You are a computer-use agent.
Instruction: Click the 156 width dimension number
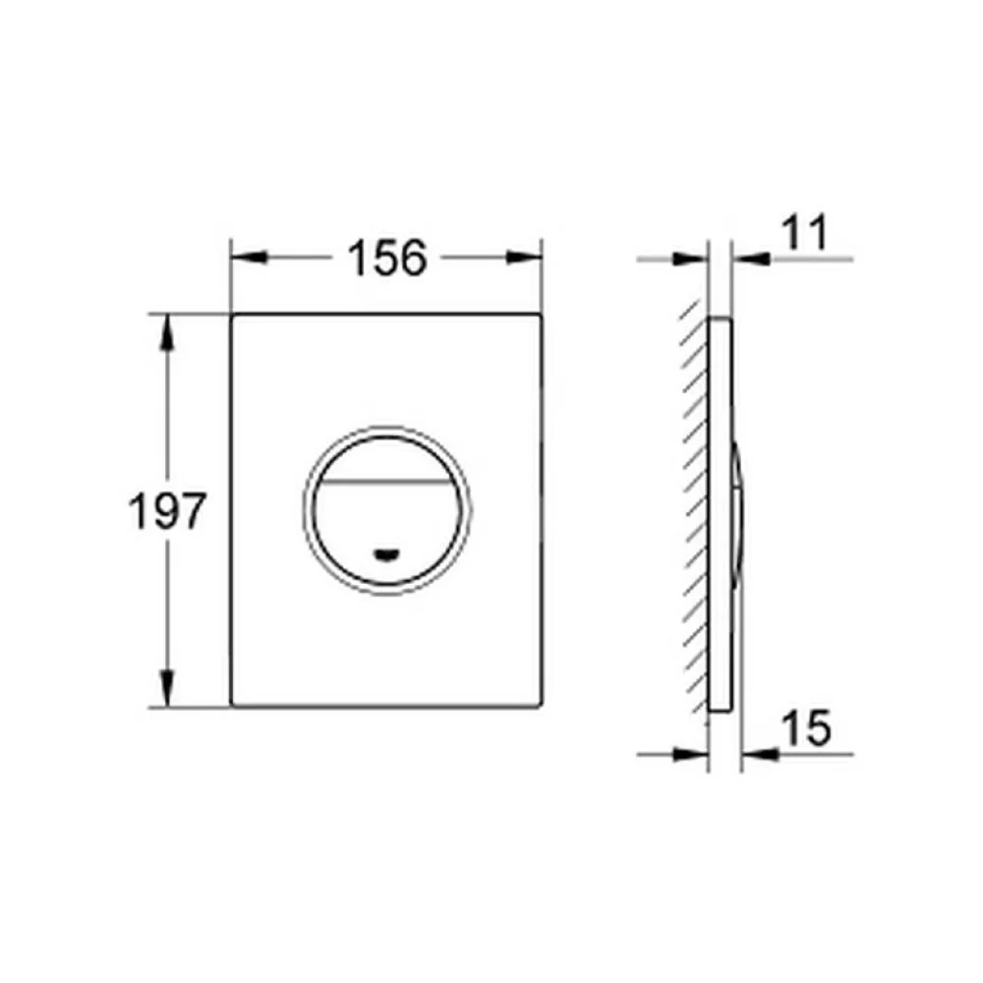click(x=387, y=258)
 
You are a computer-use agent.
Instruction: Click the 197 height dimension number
click(x=167, y=510)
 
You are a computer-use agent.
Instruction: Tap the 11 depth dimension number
click(x=805, y=233)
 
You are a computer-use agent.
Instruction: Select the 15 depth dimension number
click(x=807, y=727)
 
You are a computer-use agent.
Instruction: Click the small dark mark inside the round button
click(x=386, y=554)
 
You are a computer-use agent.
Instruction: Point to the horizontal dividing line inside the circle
click(x=386, y=482)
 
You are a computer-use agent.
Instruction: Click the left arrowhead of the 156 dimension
click(x=250, y=257)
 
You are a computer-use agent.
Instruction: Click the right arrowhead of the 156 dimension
click(x=524, y=257)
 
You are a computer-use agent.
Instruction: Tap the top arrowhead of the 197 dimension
click(x=167, y=332)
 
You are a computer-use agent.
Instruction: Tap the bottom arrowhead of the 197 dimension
click(x=167, y=688)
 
